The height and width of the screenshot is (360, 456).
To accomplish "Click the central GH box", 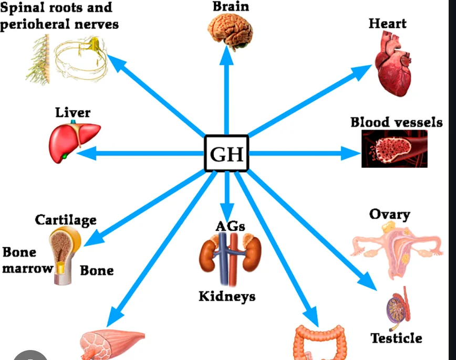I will [x=226, y=154].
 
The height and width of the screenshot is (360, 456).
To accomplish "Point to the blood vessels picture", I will [x=394, y=149].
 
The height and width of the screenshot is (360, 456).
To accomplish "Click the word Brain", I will [x=231, y=6].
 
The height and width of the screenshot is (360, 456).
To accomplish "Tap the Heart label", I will [x=387, y=24].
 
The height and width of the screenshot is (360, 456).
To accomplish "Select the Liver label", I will [x=72, y=112].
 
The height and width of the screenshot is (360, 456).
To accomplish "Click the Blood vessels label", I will [x=396, y=123].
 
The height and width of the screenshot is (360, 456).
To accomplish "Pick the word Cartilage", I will [x=66, y=219].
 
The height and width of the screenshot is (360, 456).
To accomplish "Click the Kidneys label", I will [x=227, y=297].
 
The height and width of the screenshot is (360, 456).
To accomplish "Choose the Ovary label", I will [x=389, y=214].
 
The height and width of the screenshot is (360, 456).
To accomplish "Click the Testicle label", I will [x=396, y=337].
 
